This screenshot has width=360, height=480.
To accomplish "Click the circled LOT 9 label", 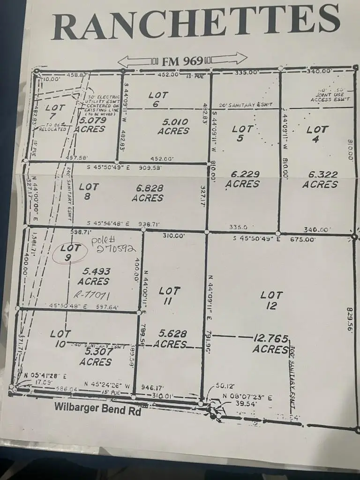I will point(70,252).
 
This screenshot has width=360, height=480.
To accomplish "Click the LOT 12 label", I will point(271,300).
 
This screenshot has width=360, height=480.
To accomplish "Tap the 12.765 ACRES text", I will point(270,344).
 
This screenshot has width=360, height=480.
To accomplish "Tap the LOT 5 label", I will point(242,134).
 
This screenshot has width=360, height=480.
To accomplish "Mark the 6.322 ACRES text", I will point(320,180).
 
